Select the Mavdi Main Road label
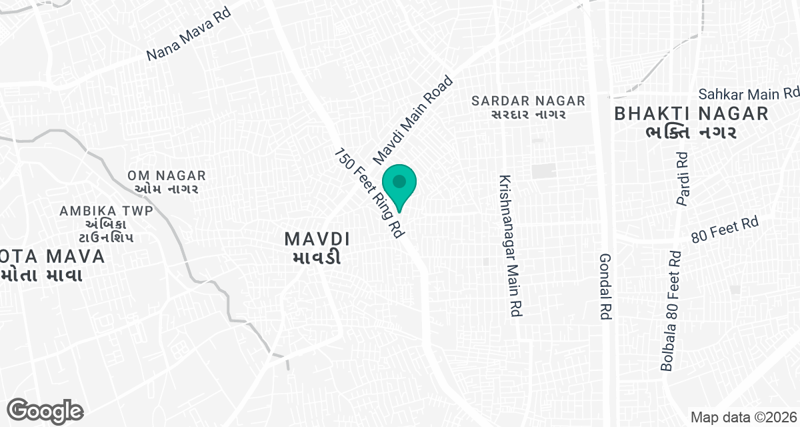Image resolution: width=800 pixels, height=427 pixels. (x=413, y=121)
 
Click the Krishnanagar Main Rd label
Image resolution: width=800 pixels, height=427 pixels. (x=510, y=246)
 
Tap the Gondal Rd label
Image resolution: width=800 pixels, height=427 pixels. (x=605, y=288)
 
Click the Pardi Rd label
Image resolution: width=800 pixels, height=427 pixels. (x=681, y=179)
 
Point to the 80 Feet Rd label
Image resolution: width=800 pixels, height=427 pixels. (x=725, y=231)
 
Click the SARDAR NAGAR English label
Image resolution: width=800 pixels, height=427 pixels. (x=529, y=101)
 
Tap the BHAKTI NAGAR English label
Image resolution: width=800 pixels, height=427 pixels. (x=691, y=113)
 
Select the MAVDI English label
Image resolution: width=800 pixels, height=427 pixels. (x=317, y=238)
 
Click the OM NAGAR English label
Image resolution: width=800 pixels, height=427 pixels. (x=167, y=176)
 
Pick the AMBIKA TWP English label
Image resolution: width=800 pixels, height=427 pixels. (x=107, y=211)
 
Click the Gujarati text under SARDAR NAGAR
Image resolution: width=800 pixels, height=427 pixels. (x=529, y=115)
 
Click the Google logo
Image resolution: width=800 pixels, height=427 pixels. (x=45, y=411)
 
